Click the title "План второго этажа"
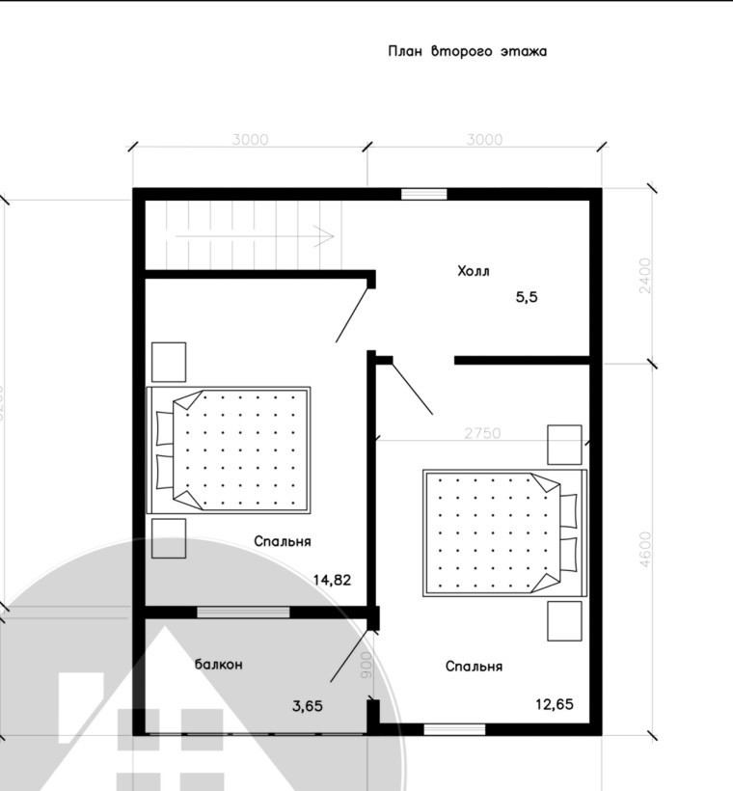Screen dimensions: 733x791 tap(467, 51)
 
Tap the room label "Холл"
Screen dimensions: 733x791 tap(474, 272)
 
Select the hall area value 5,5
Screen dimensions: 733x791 tap(526, 298)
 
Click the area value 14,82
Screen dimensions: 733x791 tap(332, 580)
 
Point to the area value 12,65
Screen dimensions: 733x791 tap(555, 704)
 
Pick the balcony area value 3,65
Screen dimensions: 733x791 tap(308, 705)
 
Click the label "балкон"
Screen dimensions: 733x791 tap(218, 665)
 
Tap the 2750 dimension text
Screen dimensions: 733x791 tap(481, 434)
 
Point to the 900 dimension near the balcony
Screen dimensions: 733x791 tap(366, 666)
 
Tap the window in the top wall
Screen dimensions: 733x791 tap(424, 194)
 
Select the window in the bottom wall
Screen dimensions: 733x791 tap(448, 729)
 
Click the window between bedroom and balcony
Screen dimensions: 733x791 tap(243, 611)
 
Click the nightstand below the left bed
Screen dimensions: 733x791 tap(169, 538)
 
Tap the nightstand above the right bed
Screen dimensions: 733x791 tap(564, 445)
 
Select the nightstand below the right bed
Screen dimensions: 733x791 tap(564, 621)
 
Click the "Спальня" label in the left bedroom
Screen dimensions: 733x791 tap(283, 542)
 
